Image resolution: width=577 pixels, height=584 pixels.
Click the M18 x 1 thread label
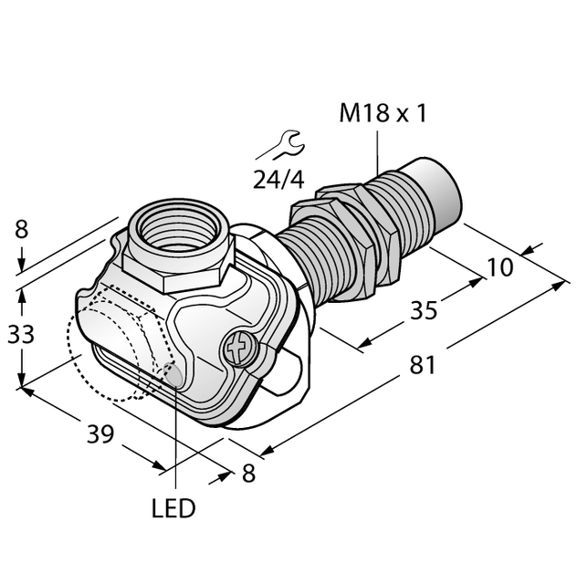(x=383, y=113)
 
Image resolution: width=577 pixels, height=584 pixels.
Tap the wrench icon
(x=280, y=145)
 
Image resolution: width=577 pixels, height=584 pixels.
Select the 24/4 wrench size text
(x=278, y=180)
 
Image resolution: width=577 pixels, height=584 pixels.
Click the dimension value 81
(x=423, y=365)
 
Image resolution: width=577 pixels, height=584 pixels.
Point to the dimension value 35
(x=424, y=310)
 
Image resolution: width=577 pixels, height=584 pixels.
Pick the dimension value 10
(x=500, y=267)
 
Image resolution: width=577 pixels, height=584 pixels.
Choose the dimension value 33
(x=21, y=334)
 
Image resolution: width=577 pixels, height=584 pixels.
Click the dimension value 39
(x=100, y=434)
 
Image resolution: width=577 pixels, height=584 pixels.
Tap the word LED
(x=173, y=508)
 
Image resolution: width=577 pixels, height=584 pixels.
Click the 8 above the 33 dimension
(x=21, y=229)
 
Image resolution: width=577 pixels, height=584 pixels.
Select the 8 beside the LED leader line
(x=248, y=474)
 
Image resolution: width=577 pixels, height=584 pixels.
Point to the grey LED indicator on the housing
(x=173, y=373)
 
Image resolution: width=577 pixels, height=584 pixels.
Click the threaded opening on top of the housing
(x=177, y=229)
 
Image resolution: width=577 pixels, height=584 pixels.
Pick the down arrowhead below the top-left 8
(x=22, y=266)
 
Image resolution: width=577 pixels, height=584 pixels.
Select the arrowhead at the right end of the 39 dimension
(x=158, y=466)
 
